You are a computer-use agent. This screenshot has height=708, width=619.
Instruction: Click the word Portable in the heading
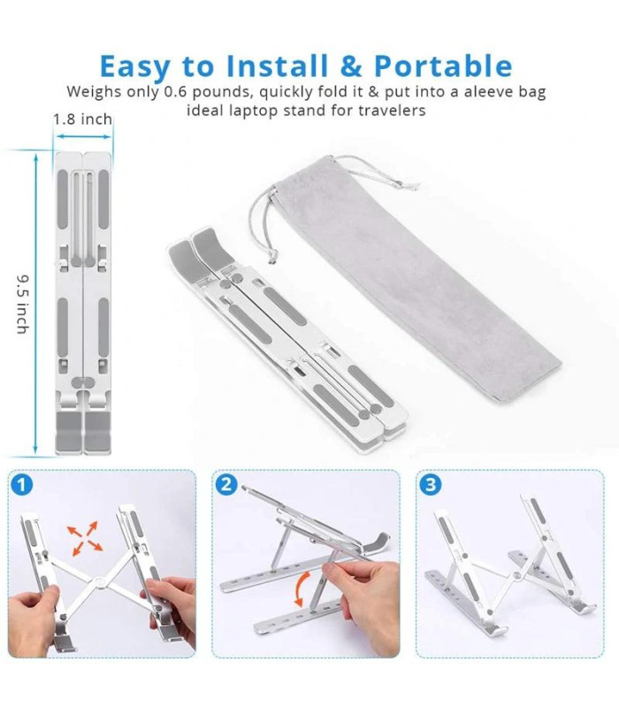[443, 65]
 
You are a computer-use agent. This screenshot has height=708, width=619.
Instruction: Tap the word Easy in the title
[135, 67]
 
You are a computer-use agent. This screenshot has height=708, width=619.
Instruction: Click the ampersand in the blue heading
[350, 65]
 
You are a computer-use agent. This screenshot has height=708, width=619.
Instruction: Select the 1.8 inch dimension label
[82, 119]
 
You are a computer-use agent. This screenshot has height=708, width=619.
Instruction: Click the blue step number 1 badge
[21, 485]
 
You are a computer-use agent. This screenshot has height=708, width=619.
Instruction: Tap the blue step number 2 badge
[226, 484]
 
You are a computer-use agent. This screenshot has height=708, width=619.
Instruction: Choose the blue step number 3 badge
[431, 484]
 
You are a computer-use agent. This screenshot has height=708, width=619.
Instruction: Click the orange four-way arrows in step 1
[85, 538]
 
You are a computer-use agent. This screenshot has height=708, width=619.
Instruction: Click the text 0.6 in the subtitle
[175, 92]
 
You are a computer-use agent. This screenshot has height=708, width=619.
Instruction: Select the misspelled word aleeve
[489, 92]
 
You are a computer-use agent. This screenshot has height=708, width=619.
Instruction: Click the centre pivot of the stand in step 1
[98, 580]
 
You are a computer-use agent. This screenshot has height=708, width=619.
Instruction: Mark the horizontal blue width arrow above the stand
[83, 136]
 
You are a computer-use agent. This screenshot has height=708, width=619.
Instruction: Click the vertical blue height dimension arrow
[36, 303]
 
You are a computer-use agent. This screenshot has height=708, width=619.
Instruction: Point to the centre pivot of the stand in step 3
[517, 575]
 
